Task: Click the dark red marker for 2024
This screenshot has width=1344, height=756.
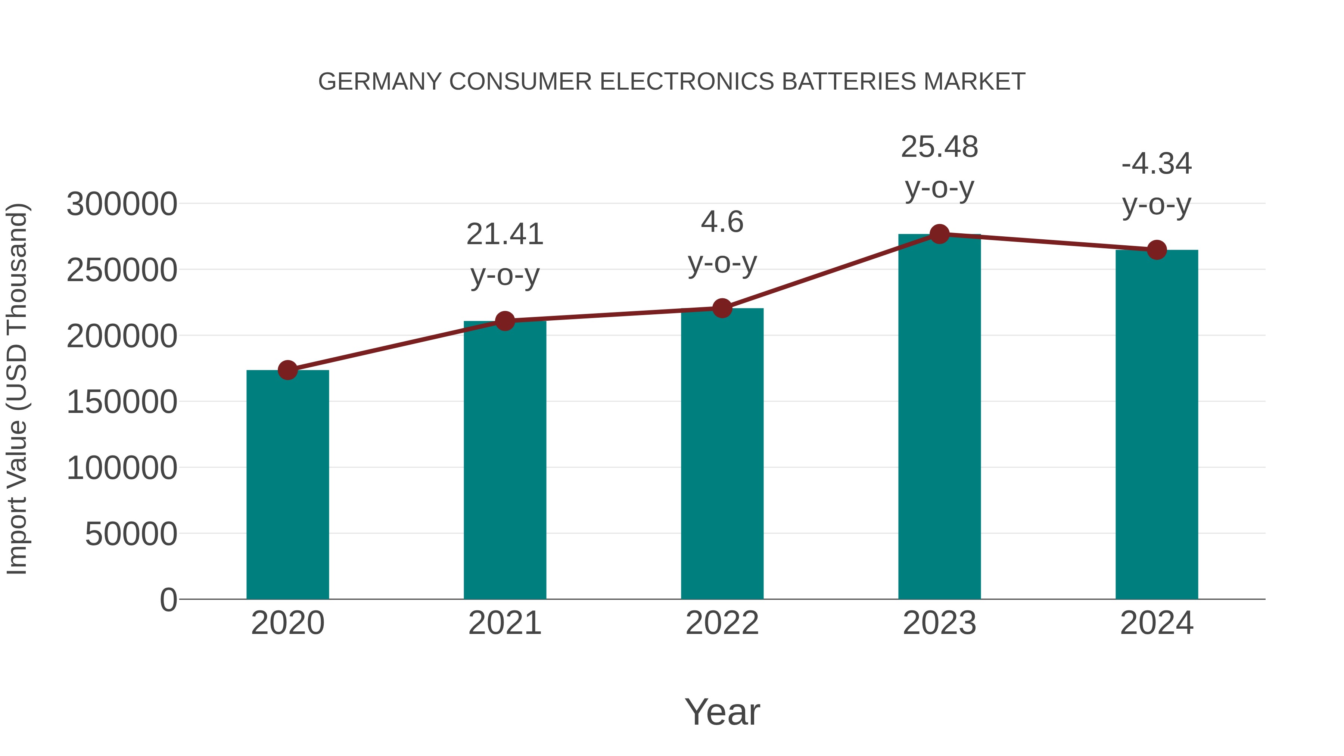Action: tap(1157, 250)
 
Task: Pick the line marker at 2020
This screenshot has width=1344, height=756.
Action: tap(287, 370)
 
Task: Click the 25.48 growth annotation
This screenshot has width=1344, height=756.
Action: tap(939, 147)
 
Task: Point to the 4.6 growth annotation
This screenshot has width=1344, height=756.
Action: tap(722, 222)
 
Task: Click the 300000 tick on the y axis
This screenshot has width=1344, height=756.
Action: tap(122, 204)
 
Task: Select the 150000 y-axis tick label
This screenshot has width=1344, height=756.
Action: tap(122, 402)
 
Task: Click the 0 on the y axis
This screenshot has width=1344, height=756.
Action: tap(168, 600)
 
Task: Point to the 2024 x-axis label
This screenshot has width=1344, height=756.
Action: tap(1157, 623)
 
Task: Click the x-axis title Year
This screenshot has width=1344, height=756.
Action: tap(722, 712)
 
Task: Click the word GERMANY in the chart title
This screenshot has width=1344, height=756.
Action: tap(380, 82)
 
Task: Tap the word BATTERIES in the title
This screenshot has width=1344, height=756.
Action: tap(848, 82)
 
